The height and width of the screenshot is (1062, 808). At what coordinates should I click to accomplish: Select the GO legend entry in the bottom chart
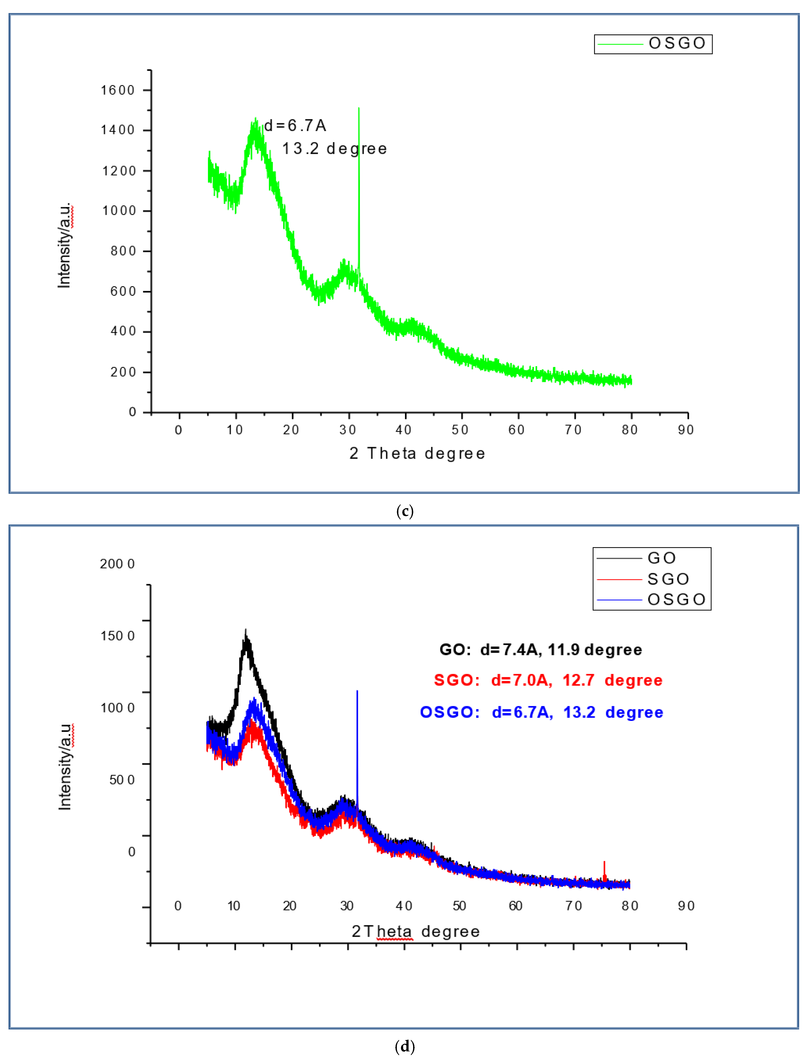click(661, 558)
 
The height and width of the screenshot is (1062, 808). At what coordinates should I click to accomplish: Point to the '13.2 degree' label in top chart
click(334, 149)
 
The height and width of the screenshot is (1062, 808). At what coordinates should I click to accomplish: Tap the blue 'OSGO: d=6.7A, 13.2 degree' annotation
click(541, 712)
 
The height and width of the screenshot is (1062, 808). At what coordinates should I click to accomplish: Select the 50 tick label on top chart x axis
click(460, 430)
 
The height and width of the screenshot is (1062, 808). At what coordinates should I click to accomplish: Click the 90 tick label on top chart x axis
click(686, 430)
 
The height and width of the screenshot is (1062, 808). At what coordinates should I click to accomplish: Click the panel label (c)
click(404, 511)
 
